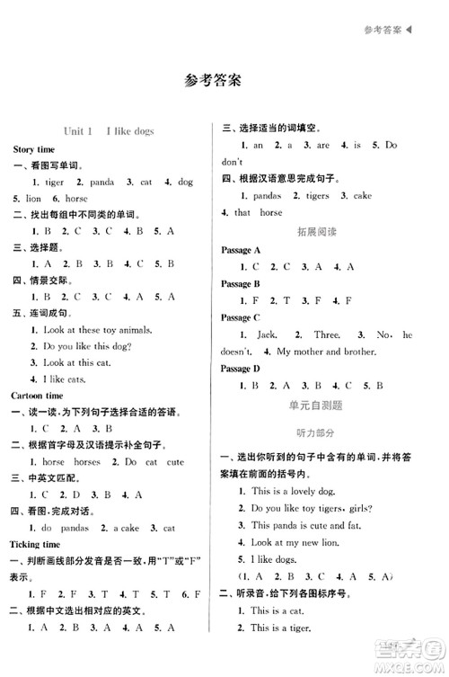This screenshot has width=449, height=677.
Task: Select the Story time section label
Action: (x=34, y=148)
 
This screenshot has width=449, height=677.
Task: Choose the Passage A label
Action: (x=242, y=249)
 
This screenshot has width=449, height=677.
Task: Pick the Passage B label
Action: (x=242, y=283)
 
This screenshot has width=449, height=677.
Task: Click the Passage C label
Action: (x=242, y=317)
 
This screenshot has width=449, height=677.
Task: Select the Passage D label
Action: (x=242, y=368)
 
